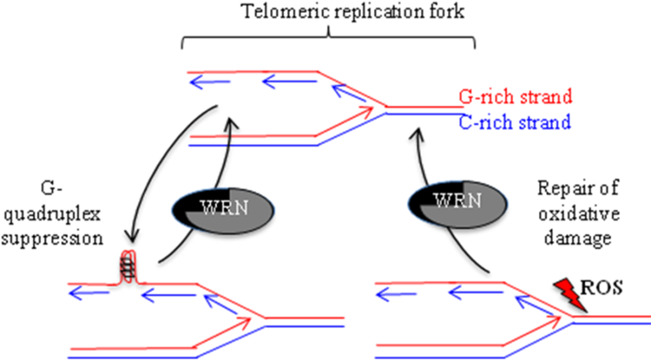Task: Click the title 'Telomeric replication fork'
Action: pos(329,13)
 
